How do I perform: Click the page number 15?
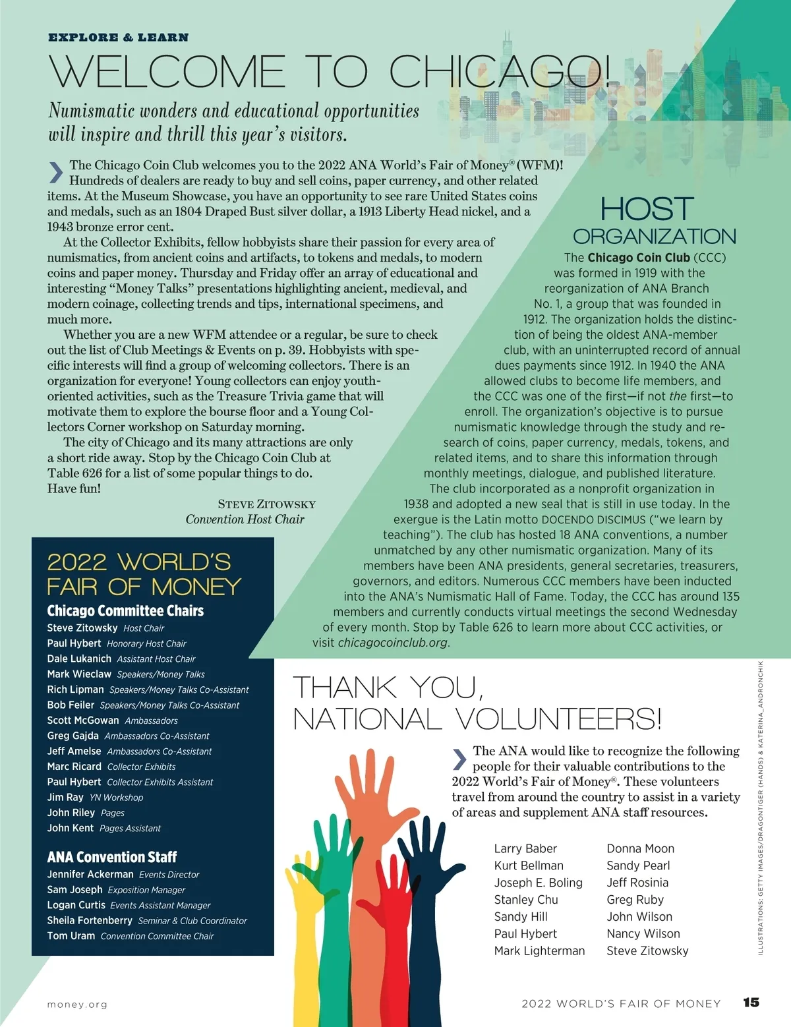[x=751, y=1003]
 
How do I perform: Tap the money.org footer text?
[x=77, y=1005]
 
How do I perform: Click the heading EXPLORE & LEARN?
[x=119, y=38]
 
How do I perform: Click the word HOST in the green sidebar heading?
[x=647, y=210]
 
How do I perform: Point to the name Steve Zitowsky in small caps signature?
[x=267, y=504]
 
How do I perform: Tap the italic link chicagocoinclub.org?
[x=393, y=643]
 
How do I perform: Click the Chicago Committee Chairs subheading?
[x=125, y=611]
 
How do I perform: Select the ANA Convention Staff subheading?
[x=112, y=857]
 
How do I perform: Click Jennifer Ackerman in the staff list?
[x=90, y=874]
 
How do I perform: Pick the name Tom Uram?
[x=71, y=936]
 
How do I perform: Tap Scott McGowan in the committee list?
[x=83, y=720]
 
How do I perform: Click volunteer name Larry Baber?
[x=525, y=848]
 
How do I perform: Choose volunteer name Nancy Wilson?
[x=643, y=933]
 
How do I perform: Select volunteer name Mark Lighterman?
[x=539, y=951]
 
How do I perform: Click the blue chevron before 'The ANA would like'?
[x=459, y=759]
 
